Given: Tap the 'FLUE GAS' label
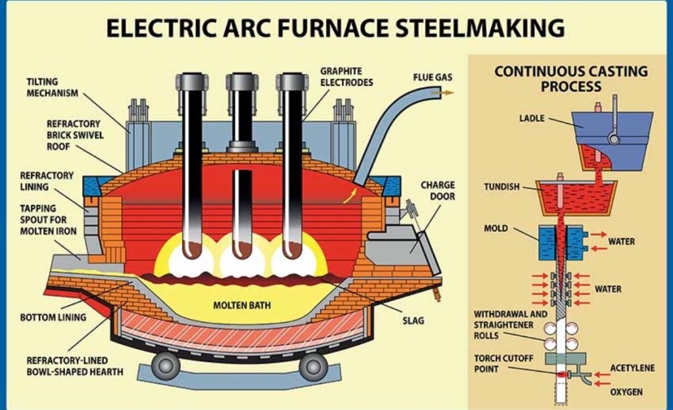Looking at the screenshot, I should click(x=432, y=78).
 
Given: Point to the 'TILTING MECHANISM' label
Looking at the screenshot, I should click(x=52, y=87).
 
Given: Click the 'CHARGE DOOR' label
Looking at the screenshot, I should click(x=438, y=191).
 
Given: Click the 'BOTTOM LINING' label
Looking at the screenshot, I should click(x=53, y=317).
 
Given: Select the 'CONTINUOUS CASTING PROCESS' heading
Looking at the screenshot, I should click(x=570, y=78).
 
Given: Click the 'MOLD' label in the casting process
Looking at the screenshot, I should click(x=496, y=229).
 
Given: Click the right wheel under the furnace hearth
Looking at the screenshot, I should click(x=313, y=365).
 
